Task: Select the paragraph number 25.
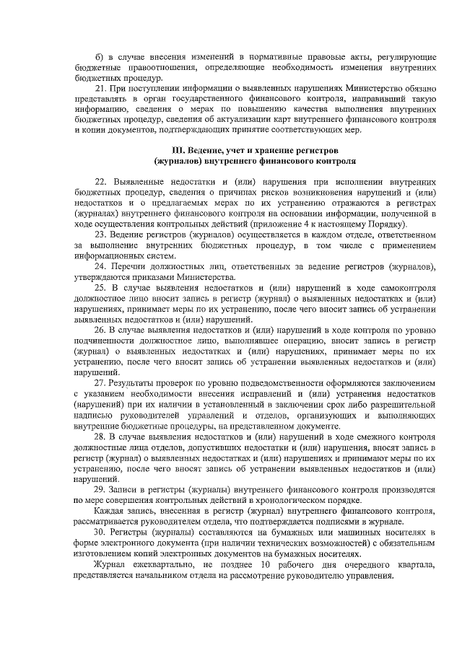tap(100, 288)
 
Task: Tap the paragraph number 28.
tap(100, 438)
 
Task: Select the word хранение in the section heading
tap(245, 149)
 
